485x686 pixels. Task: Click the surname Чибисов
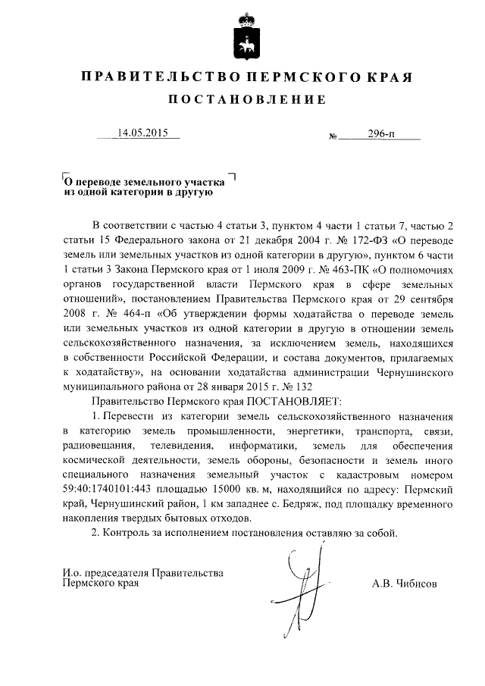pos(405,584)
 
